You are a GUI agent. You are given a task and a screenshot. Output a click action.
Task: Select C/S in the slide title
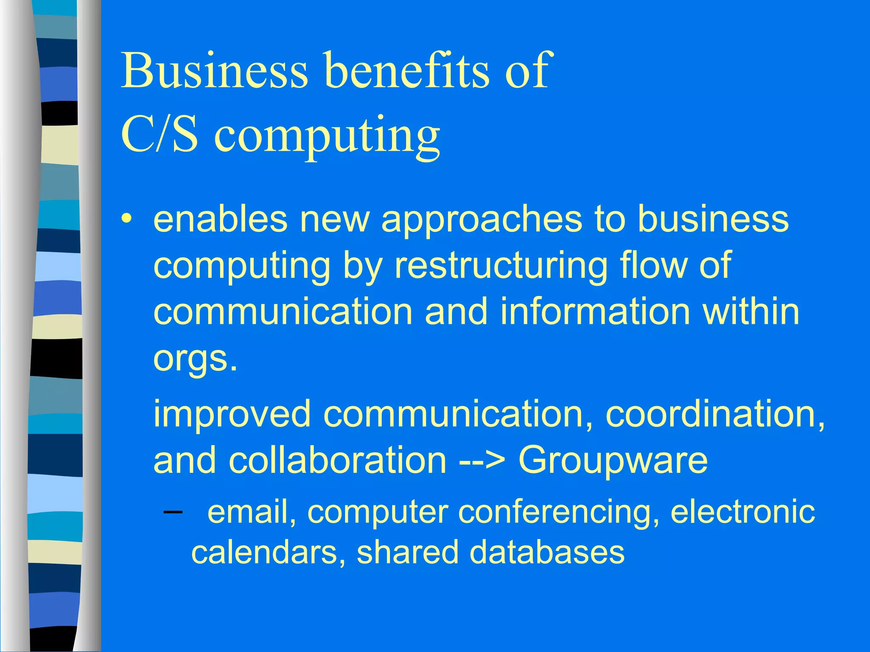pos(159,135)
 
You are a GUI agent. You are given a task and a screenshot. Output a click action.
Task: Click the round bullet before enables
pos(127,219)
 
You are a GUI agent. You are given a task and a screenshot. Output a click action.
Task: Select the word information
pos(595,312)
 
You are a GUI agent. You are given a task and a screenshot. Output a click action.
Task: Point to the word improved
pos(232,414)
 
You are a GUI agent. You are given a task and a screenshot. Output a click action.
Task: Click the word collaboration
pos(338,460)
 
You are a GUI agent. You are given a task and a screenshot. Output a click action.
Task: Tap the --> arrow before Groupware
pos(483,461)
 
